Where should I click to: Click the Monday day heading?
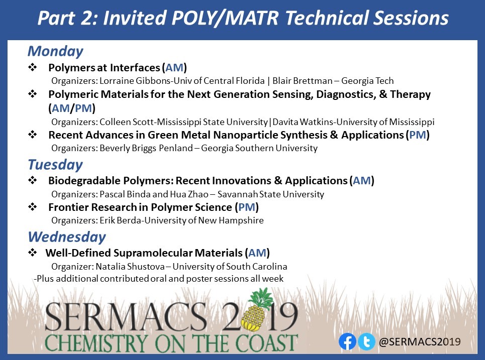55,52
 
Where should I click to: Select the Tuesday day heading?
55,165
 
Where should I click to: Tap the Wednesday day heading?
66,236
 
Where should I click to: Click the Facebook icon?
347,342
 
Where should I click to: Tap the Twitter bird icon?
366,342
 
